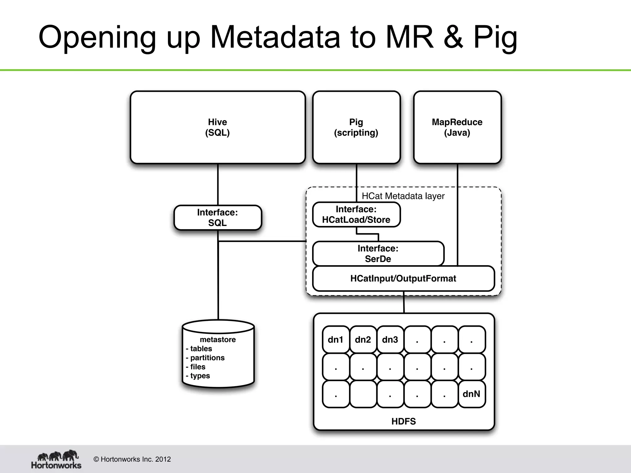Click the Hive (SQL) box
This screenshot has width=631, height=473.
(x=218, y=127)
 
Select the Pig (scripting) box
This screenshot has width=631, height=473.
(x=356, y=127)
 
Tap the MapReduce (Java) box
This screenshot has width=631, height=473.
(x=457, y=127)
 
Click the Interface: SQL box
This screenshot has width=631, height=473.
(x=218, y=217)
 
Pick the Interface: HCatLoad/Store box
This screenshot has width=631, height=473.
(x=356, y=214)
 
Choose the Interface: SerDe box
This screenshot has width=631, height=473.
(x=378, y=253)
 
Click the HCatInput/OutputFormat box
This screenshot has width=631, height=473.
(x=403, y=278)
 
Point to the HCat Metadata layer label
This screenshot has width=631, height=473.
(x=403, y=196)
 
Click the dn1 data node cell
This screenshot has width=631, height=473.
(x=336, y=339)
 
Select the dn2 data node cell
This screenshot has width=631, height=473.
(x=363, y=339)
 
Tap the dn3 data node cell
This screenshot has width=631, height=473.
(x=390, y=339)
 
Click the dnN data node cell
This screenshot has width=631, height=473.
(x=471, y=394)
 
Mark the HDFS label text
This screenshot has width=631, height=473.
(x=404, y=421)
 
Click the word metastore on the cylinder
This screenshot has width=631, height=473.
(x=218, y=339)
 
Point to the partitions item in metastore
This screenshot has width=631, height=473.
(x=207, y=358)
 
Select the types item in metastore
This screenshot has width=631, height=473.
(x=200, y=376)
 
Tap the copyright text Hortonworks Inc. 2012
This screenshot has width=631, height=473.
(x=132, y=459)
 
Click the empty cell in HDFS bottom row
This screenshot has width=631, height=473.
(x=363, y=394)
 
